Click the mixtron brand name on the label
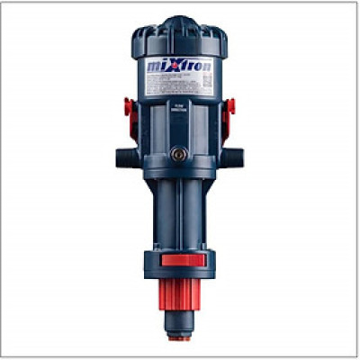(x=180, y=67)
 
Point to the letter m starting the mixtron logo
(x=154, y=68)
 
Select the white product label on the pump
(x=180, y=76)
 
